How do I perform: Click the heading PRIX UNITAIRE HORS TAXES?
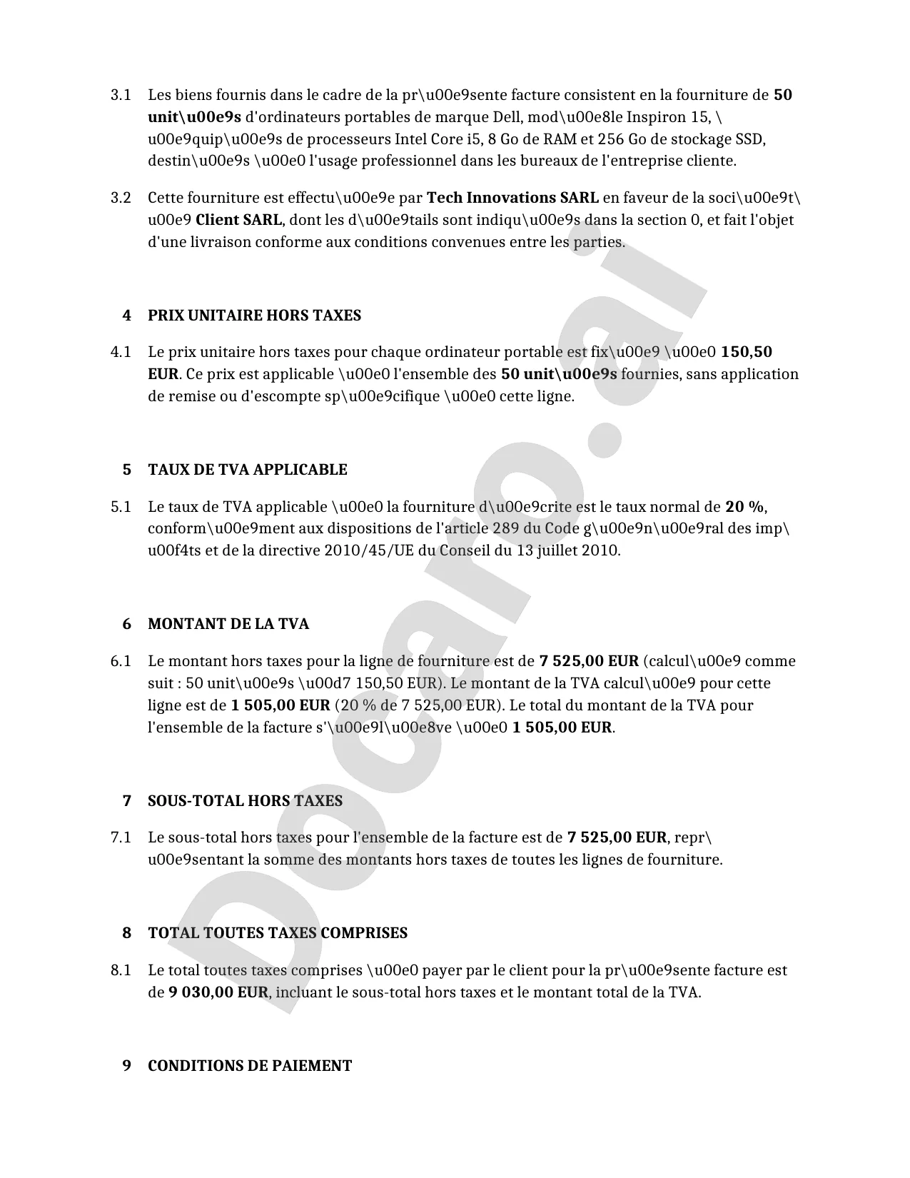click(x=254, y=316)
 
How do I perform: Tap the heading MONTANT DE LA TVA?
click(x=228, y=624)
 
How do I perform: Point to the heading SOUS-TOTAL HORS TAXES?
click(x=245, y=801)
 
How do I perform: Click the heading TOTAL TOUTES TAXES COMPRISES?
click(x=278, y=933)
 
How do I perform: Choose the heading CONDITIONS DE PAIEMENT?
click(x=250, y=1066)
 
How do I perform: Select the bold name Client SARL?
click(x=239, y=220)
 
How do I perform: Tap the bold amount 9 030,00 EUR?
click(x=218, y=992)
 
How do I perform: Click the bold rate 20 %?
click(x=744, y=507)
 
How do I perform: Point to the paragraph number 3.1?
click(x=121, y=95)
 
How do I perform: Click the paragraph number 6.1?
click(x=121, y=661)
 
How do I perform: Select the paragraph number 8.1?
click(x=121, y=970)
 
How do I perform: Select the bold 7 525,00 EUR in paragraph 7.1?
click(x=617, y=837)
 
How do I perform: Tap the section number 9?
click(x=127, y=1066)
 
